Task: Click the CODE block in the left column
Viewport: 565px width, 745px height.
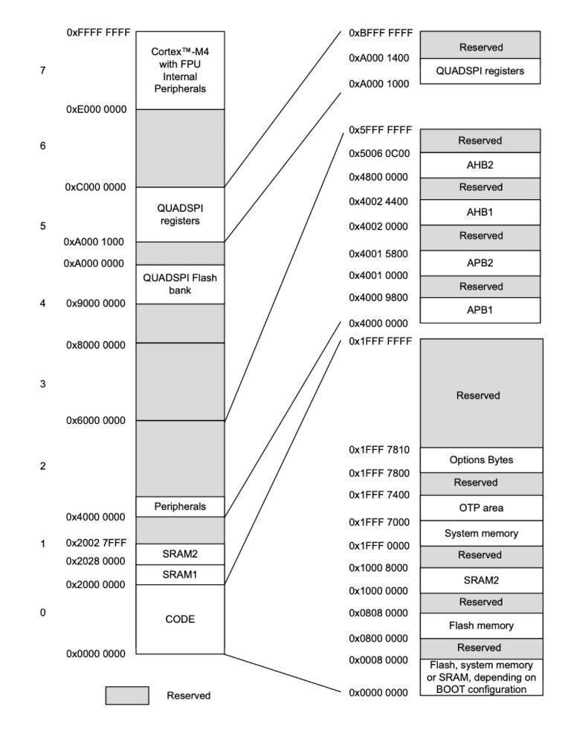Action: tap(179, 619)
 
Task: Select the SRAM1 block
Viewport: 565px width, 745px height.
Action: tap(179, 575)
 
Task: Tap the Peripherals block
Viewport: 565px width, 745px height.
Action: tap(179, 506)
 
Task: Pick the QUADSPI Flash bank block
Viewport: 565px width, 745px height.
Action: tap(179, 283)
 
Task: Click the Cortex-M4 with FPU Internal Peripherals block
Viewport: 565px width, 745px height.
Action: tap(179, 70)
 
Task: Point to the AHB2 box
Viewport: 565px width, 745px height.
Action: tap(480, 165)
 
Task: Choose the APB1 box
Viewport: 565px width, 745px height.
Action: tap(480, 310)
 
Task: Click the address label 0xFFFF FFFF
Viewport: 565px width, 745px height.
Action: tap(98, 32)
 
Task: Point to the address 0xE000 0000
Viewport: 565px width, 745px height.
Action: tap(96, 109)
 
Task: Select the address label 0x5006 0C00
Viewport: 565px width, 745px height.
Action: tap(379, 153)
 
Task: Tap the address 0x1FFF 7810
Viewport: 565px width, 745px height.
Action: tap(379, 450)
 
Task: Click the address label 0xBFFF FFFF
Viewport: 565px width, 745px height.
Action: tap(380, 33)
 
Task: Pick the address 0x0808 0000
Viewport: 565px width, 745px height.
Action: tap(379, 613)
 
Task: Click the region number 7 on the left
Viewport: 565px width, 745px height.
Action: tap(42, 71)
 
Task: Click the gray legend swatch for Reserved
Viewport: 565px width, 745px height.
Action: tap(126, 695)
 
